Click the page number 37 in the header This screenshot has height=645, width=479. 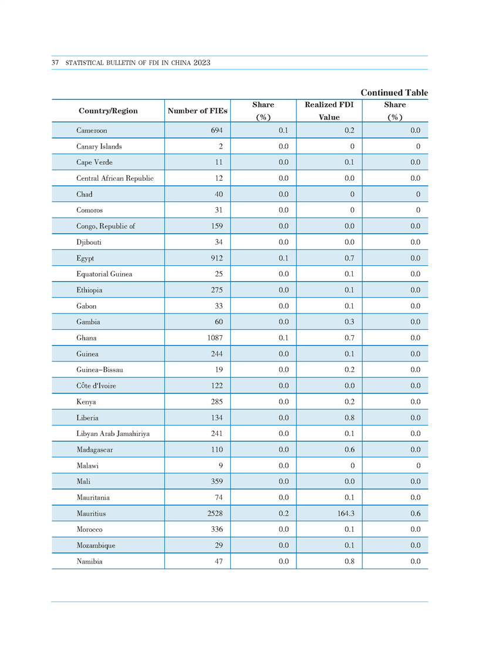(x=55, y=63)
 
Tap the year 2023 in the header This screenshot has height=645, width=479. (x=202, y=63)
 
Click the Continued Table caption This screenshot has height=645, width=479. (x=394, y=93)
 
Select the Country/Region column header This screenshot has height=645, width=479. (x=108, y=111)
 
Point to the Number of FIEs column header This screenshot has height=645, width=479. (x=197, y=111)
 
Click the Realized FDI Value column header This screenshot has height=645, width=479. (x=329, y=111)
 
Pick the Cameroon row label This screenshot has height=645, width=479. (x=92, y=130)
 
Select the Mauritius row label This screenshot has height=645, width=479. (x=91, y=514)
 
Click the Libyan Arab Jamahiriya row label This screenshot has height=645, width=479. (x=113, y=434)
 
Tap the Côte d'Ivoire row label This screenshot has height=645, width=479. (x=96, y=386)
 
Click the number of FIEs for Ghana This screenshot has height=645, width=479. (x=215, y=337)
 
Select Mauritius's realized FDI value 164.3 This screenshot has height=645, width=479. (x=346, y=514)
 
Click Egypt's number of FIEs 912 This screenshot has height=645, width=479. (x=217, y=258)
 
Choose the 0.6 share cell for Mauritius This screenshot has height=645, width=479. (x=415, y=514)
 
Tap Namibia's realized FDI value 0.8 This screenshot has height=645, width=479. (x=349, y=561)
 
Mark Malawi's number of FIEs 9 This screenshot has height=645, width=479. (x=221, y=465)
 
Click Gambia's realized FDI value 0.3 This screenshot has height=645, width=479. (x=349, y=322)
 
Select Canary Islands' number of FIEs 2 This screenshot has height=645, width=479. (x=221, y=147)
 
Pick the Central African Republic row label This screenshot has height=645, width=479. (x=115, y=178)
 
